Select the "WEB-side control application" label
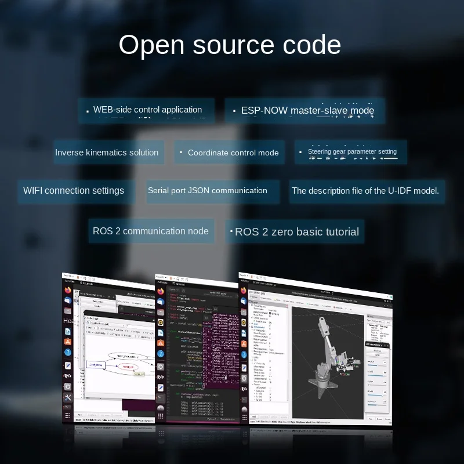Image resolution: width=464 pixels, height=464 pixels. tap(147, 110)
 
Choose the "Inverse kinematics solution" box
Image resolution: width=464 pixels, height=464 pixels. tap(107, 153)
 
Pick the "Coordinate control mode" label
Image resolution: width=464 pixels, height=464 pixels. tap(233, 153)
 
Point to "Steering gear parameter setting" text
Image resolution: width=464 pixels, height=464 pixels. tap(352, 152)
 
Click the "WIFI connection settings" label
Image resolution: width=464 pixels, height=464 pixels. tap(74, 190)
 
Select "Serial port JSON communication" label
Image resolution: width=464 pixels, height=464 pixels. tap(208, 190)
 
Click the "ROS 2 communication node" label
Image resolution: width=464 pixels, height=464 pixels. tap(151, 231)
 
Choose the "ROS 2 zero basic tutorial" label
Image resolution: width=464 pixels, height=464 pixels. tap(297, 231)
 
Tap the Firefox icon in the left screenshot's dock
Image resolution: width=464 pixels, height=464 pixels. tap(68, 288)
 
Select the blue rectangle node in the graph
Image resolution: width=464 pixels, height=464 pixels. tap(96, 365)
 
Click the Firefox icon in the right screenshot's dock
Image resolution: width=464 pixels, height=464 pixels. tap(244, 290)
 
